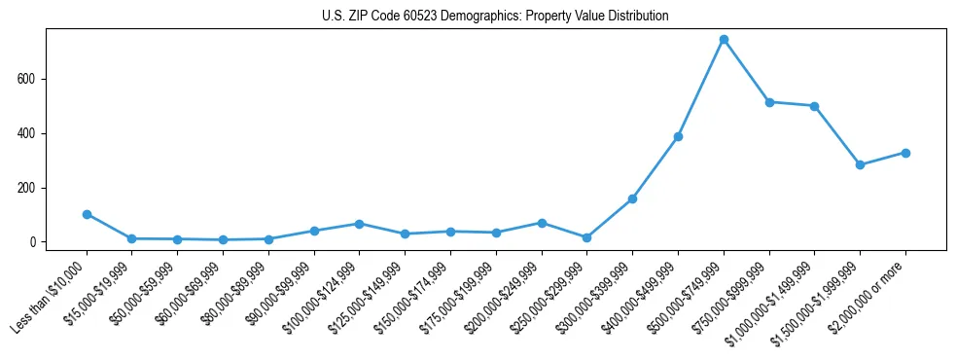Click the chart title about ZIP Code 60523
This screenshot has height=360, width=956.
pos(495,16)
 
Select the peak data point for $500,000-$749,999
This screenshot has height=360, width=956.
pos(724,40)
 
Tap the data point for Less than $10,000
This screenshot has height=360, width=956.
pos(87,214)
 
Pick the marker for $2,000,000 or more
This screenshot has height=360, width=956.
pos(905,153)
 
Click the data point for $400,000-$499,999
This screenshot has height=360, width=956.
pos(678,136)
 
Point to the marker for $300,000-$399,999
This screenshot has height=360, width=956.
pos(632,198)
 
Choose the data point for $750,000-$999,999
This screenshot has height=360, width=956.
pos(769,102)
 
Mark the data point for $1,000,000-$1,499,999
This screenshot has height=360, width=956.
pos(814,106)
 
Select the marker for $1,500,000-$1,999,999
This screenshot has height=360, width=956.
pos(860,164)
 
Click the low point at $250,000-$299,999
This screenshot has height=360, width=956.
pos(586,237)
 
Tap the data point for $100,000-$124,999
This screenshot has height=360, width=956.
pos(359,224)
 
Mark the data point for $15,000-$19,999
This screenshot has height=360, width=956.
pos(131,238)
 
